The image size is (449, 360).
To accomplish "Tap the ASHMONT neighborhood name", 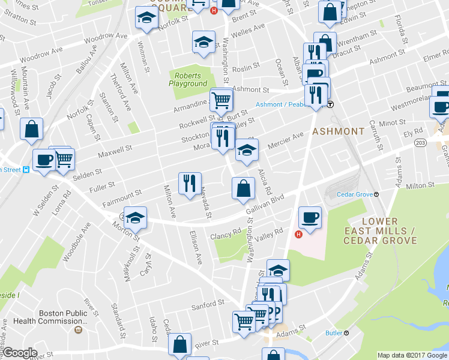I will [338, 131].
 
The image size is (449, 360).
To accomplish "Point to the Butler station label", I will [334, 333].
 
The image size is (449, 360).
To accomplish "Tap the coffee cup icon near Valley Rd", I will [310, 218].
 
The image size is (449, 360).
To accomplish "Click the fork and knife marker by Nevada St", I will [190, 184].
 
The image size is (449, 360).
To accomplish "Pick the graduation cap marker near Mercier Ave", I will [246, 151].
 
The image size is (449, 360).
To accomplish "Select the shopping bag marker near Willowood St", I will [31, 129].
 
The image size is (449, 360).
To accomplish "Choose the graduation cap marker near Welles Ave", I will [203, 43].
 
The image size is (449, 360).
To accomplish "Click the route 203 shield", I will [420, 143].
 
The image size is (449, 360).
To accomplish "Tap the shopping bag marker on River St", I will [179, 345].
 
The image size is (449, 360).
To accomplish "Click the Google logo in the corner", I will [20, 352].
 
